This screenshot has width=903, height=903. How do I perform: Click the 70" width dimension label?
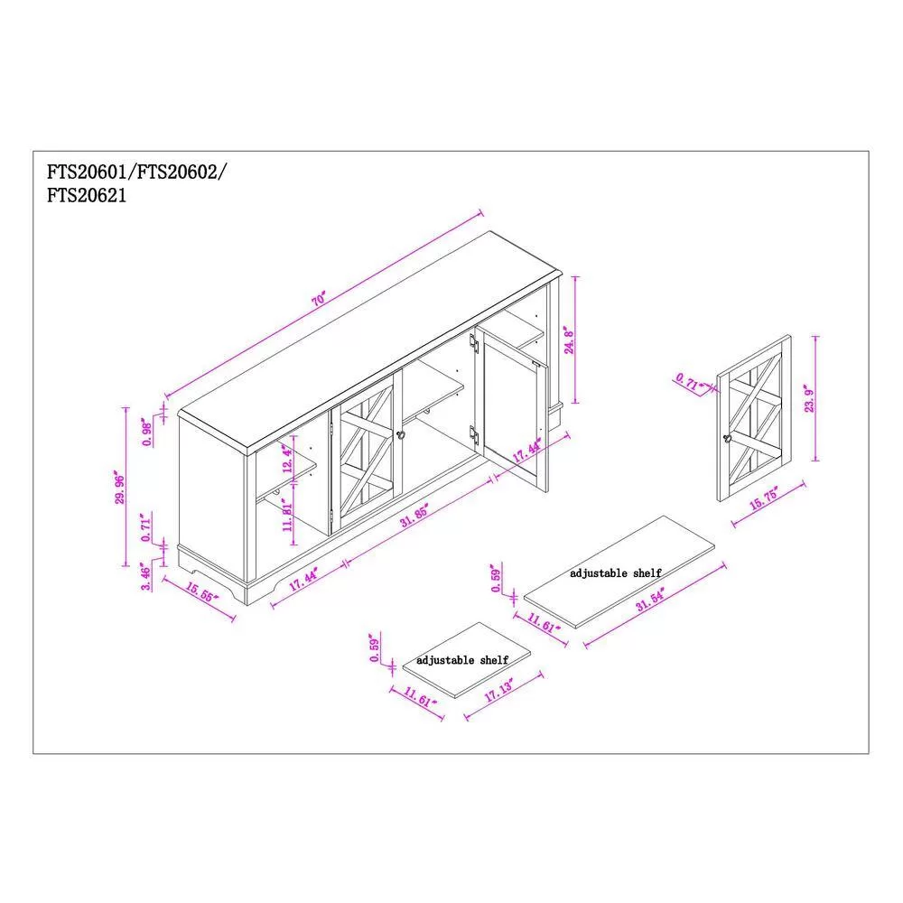tap(319, 300)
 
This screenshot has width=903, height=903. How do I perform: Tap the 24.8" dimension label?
tap(569, 340)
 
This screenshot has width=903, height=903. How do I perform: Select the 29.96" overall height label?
tap(120, 489)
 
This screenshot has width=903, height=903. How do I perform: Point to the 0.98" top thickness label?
tap(147, 433)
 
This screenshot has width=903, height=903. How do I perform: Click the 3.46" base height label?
tap(146, 578)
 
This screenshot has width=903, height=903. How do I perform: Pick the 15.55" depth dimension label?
tap(202, 591)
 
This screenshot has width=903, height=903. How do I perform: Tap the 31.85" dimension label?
tap(414, 516)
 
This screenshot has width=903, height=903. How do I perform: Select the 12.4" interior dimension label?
tap(287, 459)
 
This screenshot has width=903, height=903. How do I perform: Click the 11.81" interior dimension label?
tap(287, 517)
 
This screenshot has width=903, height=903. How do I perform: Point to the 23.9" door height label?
tap(810, 400)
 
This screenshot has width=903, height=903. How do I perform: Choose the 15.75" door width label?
tap(764, 498)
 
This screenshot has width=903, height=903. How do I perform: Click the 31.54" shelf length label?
tap(650, 599)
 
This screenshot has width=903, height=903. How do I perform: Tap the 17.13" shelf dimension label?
tap(498, 689)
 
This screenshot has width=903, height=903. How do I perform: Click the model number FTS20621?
tap(87, 196)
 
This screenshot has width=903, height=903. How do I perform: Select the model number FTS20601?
tap(87, 172)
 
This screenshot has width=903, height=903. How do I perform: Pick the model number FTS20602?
tap(177, 172)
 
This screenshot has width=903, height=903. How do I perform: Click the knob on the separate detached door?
tap(727, 438)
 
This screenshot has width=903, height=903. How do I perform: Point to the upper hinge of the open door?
tap(474, 343)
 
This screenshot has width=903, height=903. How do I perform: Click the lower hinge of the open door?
tap(474, 435)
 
